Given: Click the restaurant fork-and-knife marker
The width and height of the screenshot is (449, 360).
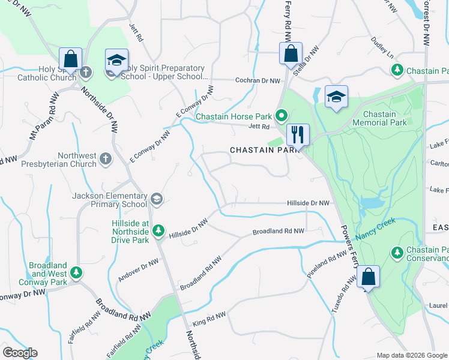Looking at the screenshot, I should pos(298,134).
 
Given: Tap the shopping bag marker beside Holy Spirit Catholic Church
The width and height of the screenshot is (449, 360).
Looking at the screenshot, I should pos(70,59).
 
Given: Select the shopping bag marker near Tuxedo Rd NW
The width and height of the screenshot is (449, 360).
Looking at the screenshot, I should pos(367,277).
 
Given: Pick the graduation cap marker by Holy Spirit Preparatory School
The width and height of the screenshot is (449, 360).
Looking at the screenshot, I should pos(116,59).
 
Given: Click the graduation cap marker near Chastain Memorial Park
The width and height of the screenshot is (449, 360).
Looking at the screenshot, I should pos(336,97).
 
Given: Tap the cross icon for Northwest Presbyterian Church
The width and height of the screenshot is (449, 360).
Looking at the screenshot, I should pos(105,159).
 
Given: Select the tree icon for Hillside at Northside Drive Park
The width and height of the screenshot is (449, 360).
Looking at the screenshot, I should pos(158,230).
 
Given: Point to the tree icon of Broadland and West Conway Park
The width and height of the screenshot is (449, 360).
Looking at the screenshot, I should pos(76,273).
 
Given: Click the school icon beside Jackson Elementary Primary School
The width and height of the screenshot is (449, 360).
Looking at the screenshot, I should pos(156,199).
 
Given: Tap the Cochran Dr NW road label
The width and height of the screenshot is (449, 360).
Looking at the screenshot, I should pos(258,80).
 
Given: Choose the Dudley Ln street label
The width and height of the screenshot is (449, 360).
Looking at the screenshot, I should pos(382,47).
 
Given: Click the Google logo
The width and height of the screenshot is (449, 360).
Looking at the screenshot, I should pos(20,353).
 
